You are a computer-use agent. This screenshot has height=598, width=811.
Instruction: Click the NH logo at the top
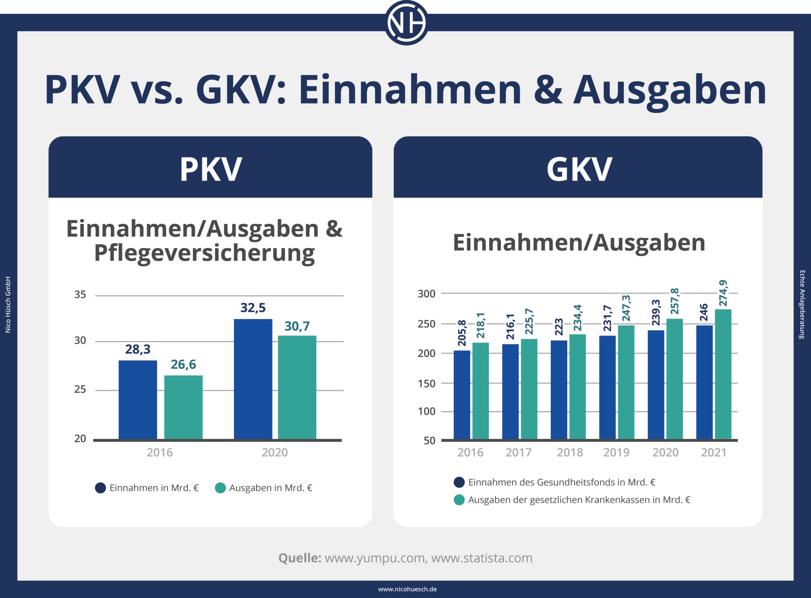406,23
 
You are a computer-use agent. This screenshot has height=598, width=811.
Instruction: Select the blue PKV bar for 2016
138,399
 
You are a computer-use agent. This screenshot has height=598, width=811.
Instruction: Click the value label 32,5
253,308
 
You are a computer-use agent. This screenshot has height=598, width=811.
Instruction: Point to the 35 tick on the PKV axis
80,295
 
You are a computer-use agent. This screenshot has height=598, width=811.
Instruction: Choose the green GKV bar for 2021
723,374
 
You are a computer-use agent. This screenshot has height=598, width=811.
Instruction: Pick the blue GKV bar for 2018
559,390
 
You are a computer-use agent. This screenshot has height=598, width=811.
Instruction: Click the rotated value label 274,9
723,293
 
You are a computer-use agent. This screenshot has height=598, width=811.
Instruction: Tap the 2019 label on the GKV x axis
616,452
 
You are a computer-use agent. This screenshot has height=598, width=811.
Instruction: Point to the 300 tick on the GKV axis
426,294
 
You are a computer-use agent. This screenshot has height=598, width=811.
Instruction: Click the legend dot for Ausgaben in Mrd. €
221,488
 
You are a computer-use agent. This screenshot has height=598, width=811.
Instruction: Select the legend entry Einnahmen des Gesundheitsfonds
562,482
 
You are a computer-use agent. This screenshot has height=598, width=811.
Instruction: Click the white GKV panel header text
579,169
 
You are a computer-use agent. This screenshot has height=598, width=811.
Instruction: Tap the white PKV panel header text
211,169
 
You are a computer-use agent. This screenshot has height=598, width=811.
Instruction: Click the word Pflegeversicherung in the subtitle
204,253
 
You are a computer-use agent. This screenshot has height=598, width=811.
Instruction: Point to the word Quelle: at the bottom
300,558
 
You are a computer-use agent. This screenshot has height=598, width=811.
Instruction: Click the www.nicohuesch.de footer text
407,589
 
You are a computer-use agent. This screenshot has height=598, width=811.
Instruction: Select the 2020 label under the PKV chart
274,452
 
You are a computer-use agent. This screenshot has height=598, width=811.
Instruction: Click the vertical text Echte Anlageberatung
802,304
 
